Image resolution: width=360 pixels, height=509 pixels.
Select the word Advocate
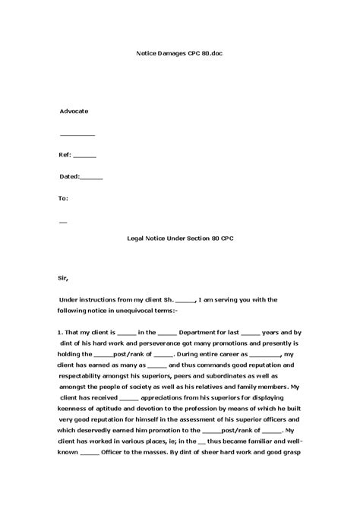coord(74,111)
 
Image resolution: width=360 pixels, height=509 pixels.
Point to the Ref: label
coord(65,154)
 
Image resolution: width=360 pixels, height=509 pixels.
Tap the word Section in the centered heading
coord(191,238)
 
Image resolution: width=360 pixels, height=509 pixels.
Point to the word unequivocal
coord(134,311)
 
